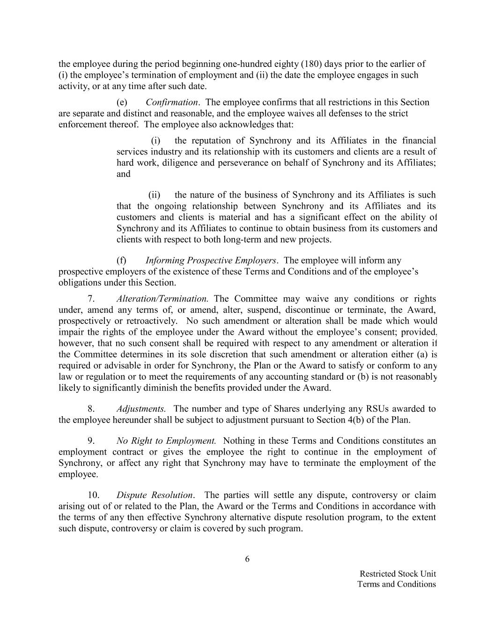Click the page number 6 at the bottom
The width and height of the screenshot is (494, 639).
point(247,559)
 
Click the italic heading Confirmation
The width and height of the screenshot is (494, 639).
point(172,103)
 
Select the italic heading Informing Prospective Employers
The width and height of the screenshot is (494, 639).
point(211,260)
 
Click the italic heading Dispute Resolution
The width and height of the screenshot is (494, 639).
point(155,495)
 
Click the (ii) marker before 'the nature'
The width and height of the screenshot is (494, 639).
point(155,195)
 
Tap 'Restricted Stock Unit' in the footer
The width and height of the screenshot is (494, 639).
point(398,574)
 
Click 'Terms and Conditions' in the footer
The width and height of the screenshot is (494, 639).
point(396,584)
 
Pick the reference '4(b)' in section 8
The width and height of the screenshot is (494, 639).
point(345,420)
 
